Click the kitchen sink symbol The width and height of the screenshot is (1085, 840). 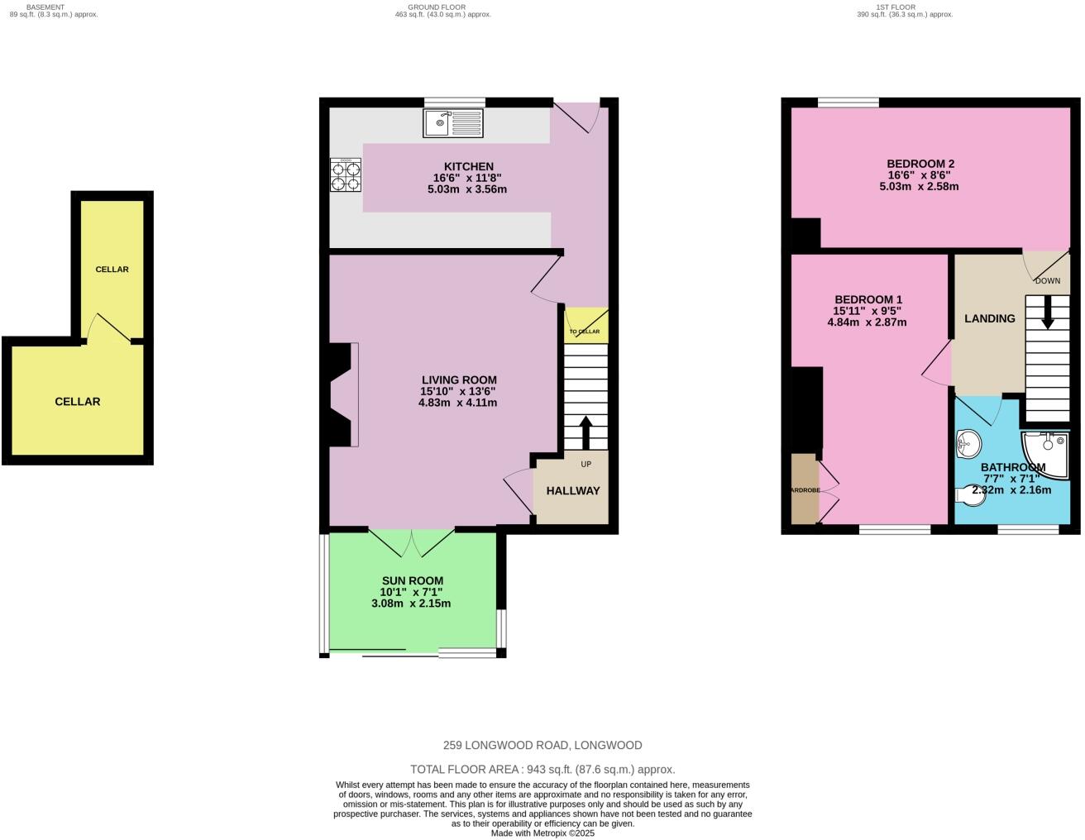(453, 123)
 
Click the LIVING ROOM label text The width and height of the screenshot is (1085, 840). (458, 379)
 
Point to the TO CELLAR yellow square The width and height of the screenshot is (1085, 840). (586, 326)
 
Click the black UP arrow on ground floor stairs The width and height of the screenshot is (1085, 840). (586, 432)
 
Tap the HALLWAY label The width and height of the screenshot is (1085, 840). (573, 490)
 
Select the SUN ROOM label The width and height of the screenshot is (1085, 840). (412, 580)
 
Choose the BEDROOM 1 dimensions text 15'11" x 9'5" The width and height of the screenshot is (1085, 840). (867, 311)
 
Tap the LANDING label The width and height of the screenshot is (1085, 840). (989, 318)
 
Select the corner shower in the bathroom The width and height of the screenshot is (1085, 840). (1044, 450)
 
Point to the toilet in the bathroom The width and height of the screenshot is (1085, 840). (969, 496)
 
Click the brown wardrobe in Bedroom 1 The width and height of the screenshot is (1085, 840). (803, 489)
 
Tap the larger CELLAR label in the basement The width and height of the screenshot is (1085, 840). (77, 402)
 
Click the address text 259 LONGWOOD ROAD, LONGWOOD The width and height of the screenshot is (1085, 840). (542, 745)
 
